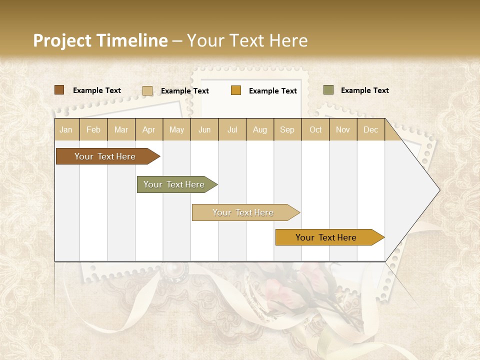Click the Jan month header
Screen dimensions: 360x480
(66, 129)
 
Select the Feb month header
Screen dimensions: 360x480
(93, 129)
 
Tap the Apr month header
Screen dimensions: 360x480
(149, 129)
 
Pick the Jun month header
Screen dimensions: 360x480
(204, 129)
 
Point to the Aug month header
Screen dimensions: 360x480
(260, 129)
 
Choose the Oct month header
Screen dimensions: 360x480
(315, 129)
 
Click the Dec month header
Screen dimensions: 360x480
(371, 129)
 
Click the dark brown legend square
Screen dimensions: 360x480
(59, 90)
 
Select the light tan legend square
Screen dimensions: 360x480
(147, 90)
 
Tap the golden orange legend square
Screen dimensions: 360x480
(236, 90)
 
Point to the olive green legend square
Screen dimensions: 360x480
(328, 90)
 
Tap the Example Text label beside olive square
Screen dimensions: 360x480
(364, 90)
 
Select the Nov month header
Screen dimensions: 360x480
(343, 129)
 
